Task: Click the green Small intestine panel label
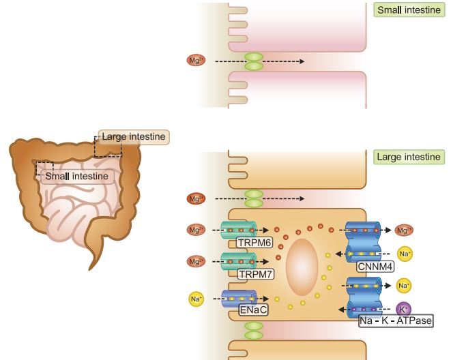pos(409,10)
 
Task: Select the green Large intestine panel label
pos(409,157)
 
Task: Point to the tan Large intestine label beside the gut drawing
pos(133,137)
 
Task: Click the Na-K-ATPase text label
pos(396,319)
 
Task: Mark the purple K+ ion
pos(403,310)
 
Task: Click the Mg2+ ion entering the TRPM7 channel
pos(195,261)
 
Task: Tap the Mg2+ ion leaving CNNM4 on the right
pos(405,230)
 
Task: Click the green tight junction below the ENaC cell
pos(253,331)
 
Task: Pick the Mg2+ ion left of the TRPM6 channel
pos(195,230)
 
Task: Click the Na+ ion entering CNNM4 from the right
pos(405,254)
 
